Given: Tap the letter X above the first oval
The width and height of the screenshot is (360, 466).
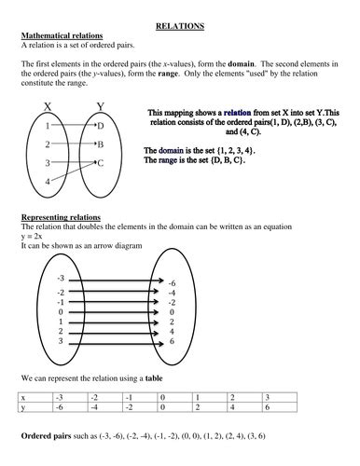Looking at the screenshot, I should point(48,106).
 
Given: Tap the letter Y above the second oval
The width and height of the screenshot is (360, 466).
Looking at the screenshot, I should point(101,106).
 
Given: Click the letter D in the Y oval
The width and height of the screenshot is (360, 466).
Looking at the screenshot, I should point(101,125).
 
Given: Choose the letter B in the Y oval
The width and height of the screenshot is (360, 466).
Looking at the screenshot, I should point(101,145).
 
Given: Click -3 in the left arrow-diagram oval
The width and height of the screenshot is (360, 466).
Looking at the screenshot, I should point(61,278).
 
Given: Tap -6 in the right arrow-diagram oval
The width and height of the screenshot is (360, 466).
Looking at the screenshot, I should point(172,282).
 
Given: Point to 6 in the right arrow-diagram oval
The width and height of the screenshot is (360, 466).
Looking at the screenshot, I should point(172,342).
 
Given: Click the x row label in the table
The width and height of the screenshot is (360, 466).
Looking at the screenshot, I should point(23,397).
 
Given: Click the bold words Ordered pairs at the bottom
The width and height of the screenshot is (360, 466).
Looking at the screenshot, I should point(48,436).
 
